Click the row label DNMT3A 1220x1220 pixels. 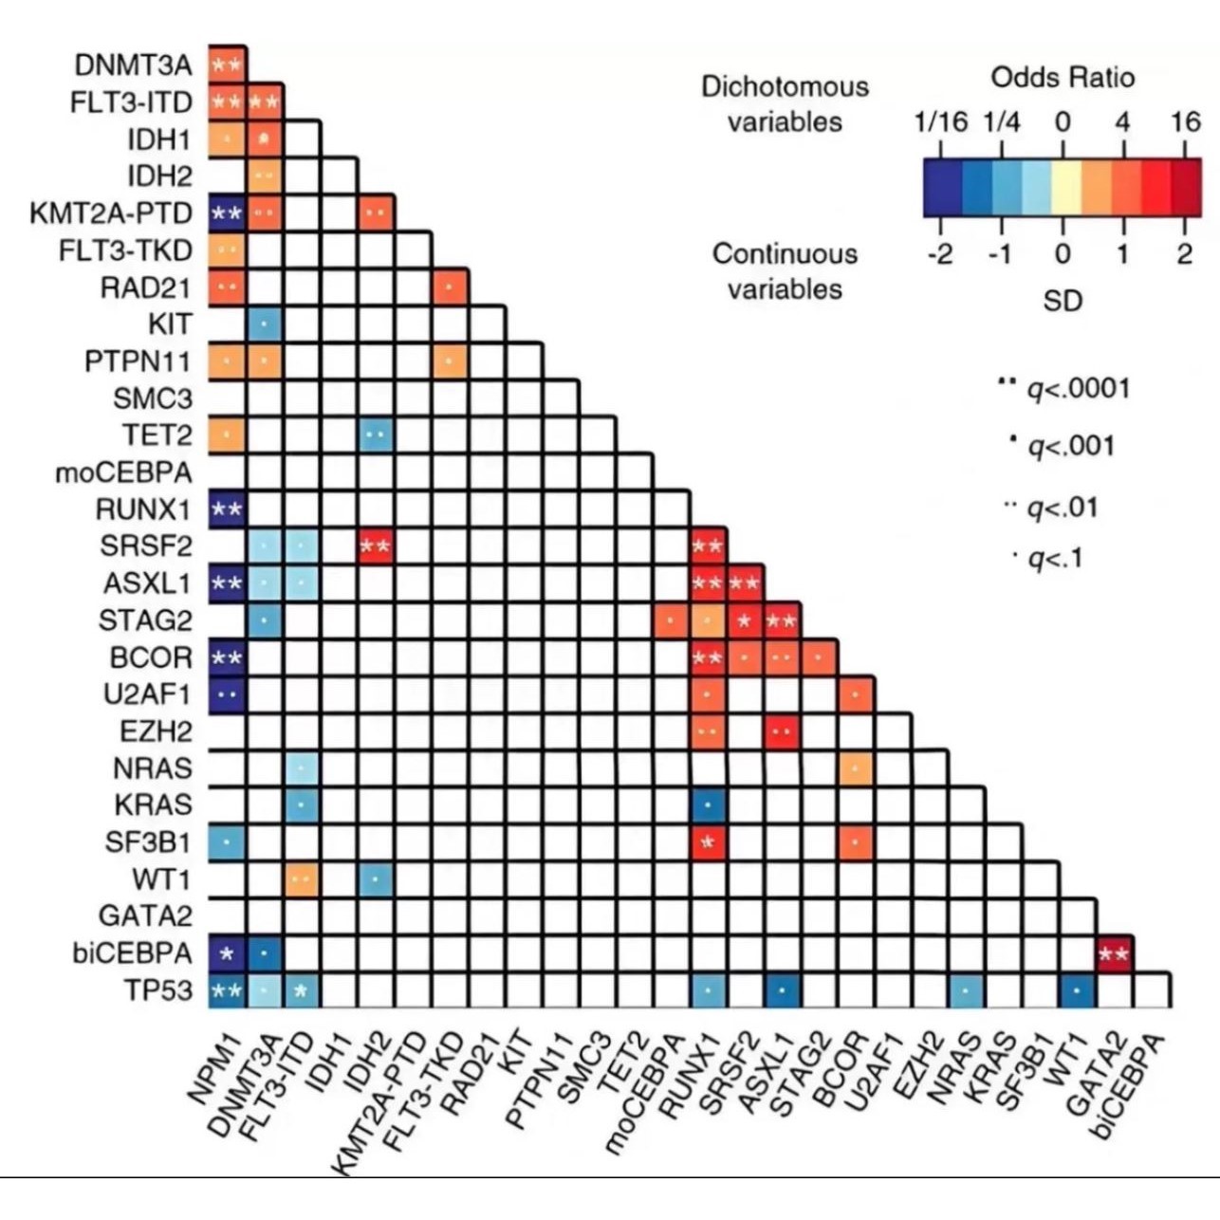click(133, 65)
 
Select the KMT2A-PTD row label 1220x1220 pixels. click(111, 213)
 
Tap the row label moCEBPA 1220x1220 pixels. click(123, 472)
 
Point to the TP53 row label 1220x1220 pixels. click(157, 990)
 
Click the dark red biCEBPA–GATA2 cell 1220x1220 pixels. click(1115, 953)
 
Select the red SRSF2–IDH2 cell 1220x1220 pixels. click(376, 545)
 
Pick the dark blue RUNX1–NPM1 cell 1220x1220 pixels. click(227, 509)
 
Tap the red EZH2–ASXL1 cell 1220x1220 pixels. click(782, 731)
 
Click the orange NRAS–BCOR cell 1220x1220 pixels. click(856, 768)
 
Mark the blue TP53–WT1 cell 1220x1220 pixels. click(1078, 991)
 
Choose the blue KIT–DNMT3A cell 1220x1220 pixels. click(265, 324)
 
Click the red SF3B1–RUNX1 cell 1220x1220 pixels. click(708, 842)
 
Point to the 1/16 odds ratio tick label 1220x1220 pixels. click(940, 121)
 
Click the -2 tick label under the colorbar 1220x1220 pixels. click(939, 253)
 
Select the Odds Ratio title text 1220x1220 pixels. click(1063, 77)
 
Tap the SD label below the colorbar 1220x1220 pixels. click(1063, 301)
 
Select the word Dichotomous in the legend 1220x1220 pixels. click(785, 86)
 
